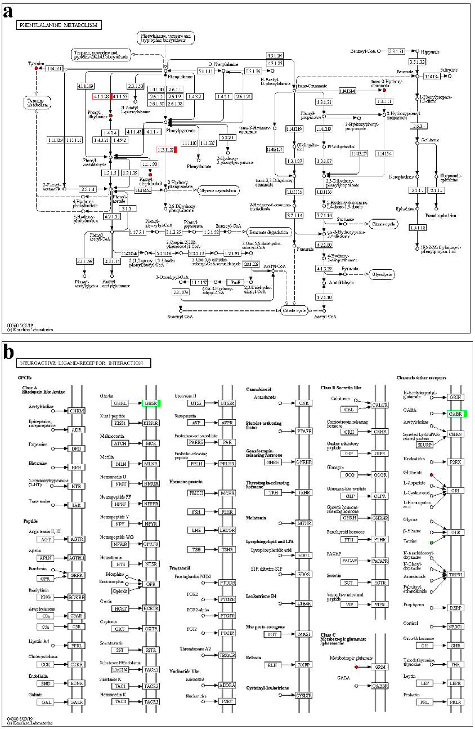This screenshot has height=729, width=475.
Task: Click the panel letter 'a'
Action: tap(8, 12)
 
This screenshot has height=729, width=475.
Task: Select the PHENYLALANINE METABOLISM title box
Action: tap(59, 25)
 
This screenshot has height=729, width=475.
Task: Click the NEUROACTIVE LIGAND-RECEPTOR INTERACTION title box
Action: tap(84, 364)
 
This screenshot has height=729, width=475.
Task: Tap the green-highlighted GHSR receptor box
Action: tap(151, 403)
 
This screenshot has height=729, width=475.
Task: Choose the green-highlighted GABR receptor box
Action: tap(456, 414)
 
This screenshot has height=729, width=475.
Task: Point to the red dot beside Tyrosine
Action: tap(36, 69)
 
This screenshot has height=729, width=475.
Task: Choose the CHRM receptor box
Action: tap(77, 411)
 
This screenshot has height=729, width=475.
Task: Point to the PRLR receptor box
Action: tap(455, 702)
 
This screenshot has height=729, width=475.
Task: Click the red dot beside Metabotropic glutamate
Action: tap(356, 667)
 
